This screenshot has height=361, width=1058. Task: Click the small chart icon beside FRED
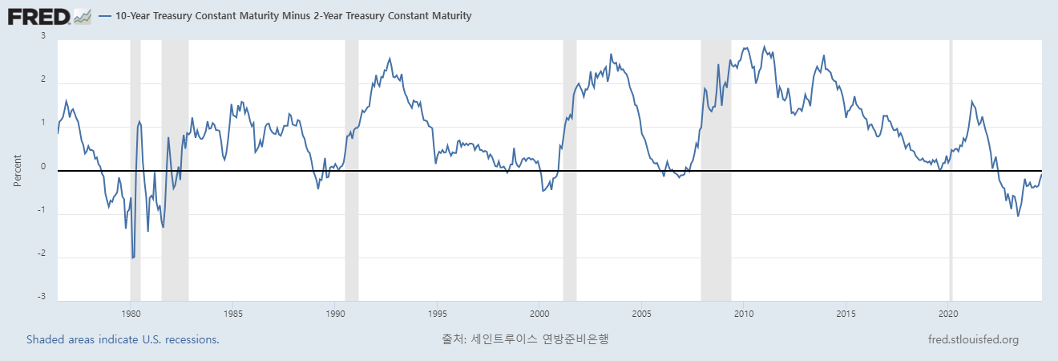click(x=82, y=15)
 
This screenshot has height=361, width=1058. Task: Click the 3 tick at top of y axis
click(x=42, y=36)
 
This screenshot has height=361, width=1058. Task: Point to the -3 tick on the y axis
click(x=41, y=298)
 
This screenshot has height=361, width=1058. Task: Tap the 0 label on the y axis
click(x=42, y=168)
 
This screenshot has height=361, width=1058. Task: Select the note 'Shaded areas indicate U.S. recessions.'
click(x=123, y=339)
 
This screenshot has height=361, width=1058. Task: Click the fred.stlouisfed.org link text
click(x=972, y=339)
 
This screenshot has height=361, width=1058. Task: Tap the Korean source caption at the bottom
click(x=525, y=339)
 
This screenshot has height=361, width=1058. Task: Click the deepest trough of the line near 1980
click(x=133, y=258)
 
